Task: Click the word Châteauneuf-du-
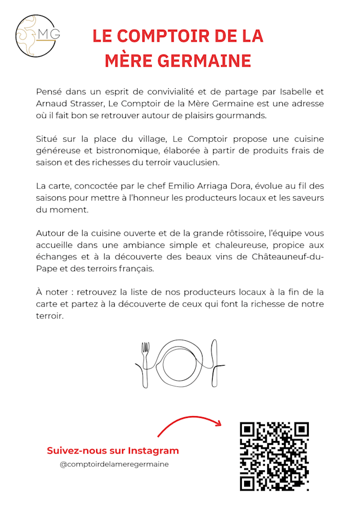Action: point(286,257)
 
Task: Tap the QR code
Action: point(274,456)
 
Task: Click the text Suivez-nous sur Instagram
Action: point(112,451)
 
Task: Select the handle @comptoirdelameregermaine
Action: point(114,465)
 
